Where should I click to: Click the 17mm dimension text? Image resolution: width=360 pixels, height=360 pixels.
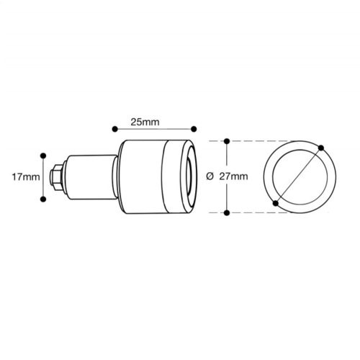(x=27, y=176)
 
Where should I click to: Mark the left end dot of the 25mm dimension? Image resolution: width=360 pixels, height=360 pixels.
(x=114, y=130)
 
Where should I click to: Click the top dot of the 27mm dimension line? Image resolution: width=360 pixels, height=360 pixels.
(x=227, y=140)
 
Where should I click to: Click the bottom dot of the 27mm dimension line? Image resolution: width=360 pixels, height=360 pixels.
(x=227, y=212)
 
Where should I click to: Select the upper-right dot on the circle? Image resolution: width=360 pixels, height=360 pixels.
(x=320, y=148)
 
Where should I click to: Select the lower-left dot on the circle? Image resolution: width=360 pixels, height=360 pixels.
(x=277, y=204)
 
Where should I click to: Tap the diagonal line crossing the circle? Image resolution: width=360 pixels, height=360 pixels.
(x=299, y=176)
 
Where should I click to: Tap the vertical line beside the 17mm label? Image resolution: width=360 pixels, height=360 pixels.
(x=44, y=175)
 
